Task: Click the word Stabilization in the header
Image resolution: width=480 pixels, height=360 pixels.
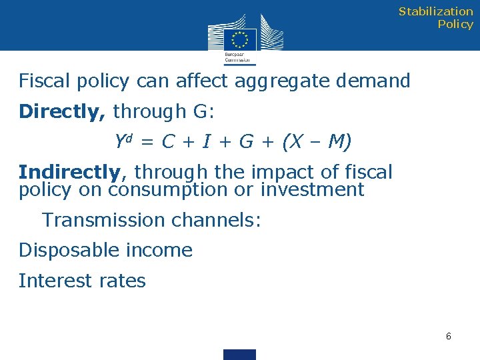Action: point(435,11)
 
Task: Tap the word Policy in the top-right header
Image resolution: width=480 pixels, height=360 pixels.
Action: point(455,24)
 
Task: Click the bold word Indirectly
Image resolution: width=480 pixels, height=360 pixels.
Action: point(69,172)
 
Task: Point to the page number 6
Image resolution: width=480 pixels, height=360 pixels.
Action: point(449,336)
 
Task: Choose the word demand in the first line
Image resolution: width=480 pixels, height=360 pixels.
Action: point(373,81)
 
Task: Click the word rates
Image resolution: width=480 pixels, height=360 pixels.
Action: point(124,281)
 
